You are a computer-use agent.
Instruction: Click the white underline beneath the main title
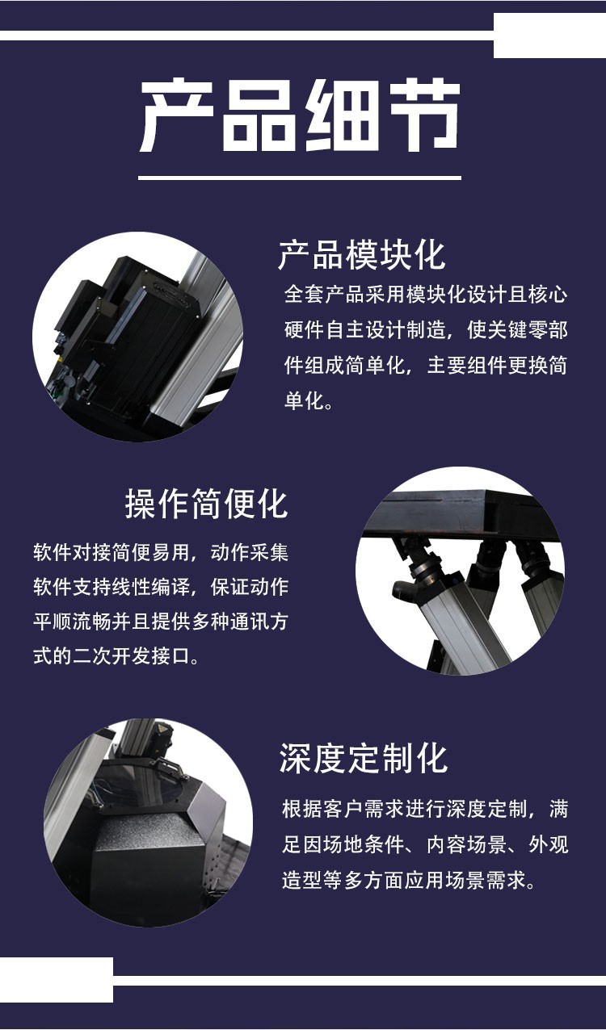300,178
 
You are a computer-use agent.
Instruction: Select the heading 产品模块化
362,255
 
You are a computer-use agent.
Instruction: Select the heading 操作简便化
207,504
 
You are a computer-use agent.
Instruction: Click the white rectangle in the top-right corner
549,36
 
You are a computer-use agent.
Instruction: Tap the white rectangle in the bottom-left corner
57,979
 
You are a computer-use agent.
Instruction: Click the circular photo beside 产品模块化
137,337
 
